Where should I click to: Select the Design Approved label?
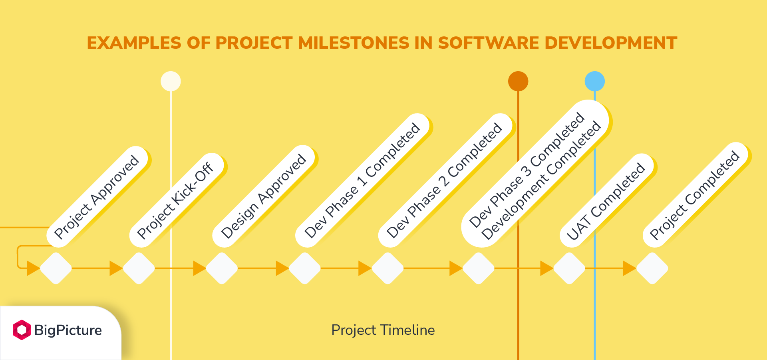click(x=264, y=196)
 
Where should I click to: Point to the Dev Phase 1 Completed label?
click(x=362, y=180)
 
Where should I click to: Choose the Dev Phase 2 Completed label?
click(x=445, y=180)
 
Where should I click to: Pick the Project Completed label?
click(x=695, y=195)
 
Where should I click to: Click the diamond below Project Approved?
click(x=56, y=268)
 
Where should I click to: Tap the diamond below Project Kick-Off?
click(x=139, y=268)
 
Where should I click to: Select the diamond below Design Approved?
click(x=222, y=268)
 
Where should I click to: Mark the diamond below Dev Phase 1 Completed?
click(x=305, y=268)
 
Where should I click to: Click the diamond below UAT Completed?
click(x=569, y=268)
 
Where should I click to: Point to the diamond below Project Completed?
click(x=652, y=268)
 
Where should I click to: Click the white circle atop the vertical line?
click(x=171, y=82)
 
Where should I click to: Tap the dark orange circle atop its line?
click(x=518, y=82)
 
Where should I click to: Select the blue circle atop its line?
click(x=595, y=82)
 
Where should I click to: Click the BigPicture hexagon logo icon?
click(x=22, y=330)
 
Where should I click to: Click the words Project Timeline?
click(x=383, y=330)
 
